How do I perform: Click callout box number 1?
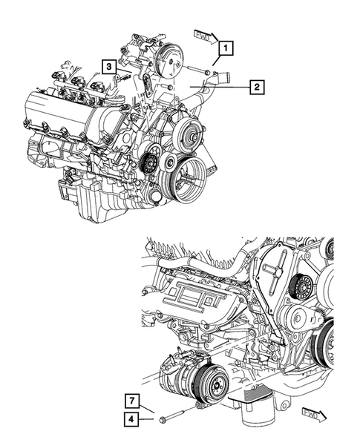tap(226, 48)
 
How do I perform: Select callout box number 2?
tap(257, 87)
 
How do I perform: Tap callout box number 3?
tap(109, 67)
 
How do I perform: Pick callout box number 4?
tap(131, 419)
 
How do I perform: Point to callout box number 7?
tap(131, 401)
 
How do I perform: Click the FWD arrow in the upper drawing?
tap(206, 37)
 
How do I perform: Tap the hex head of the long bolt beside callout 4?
tap(163, 419)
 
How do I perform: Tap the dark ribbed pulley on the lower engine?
tap(301, 287)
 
